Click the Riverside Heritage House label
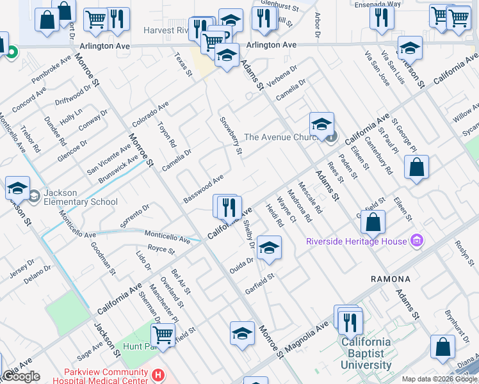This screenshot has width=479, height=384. pos(356,241)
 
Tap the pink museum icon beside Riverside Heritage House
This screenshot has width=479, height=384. pos(418,241)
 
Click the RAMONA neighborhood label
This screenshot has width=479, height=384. pos(390,279)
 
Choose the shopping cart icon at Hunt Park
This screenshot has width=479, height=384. pos(163,334)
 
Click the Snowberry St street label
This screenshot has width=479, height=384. pos(231,136)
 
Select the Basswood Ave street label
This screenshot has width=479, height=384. pos(203,186)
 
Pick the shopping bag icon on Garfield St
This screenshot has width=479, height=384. pos(373,222)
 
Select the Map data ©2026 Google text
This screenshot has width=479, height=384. pos(439,379)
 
